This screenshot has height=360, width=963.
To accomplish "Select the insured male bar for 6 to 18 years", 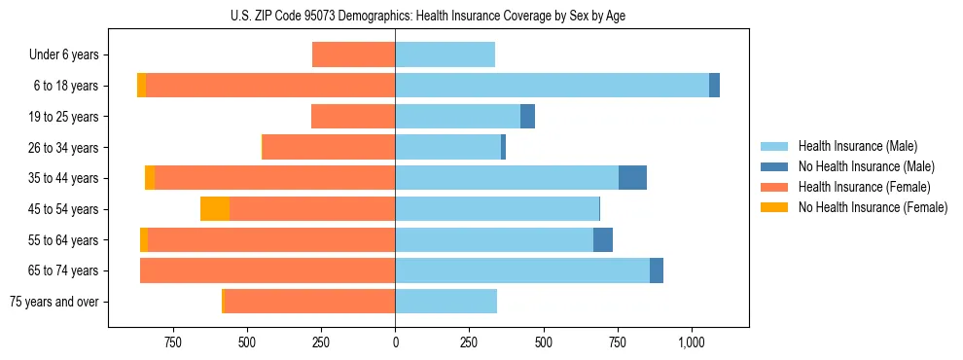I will pos(552,86).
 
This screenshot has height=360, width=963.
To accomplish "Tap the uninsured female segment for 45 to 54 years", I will pos(215,209).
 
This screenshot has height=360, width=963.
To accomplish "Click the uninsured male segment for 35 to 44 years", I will pos(632,178).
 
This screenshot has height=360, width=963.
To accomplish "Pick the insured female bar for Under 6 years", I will pos(353,54).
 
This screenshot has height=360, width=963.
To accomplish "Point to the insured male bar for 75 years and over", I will pos(446,302).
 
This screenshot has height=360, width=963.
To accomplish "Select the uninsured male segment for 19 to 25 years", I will pos(527,117).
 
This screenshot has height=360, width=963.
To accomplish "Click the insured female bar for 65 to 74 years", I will pos(267,270).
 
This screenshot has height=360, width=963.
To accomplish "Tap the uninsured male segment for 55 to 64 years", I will pos(603,240).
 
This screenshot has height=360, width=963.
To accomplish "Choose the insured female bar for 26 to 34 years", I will pos(329,147).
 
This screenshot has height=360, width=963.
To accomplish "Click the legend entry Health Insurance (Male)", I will pos(857,146).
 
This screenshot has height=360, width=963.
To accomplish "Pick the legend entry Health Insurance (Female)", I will pos(864,187).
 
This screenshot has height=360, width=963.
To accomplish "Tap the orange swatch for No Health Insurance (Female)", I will pos(775,207).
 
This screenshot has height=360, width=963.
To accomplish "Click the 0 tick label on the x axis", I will pos(395,342).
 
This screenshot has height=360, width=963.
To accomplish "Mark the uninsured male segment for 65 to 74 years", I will pos(657,270).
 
